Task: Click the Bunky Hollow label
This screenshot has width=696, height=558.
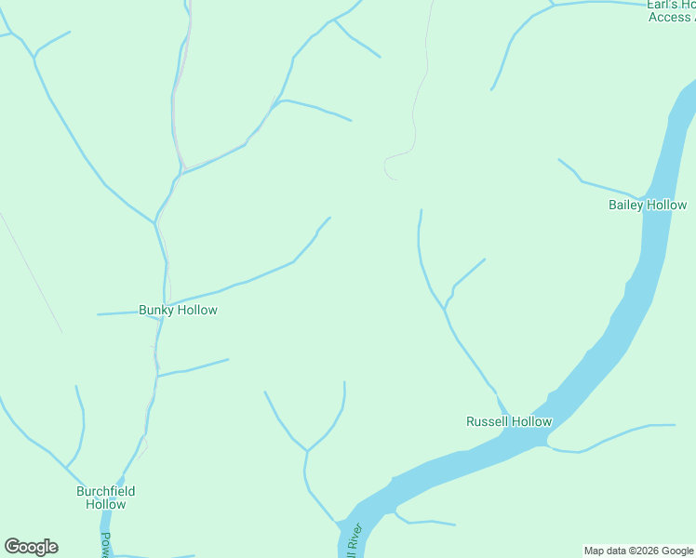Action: [178, 310]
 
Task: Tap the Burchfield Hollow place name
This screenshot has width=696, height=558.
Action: [105, 498]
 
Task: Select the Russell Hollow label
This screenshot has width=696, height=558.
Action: [508, 421]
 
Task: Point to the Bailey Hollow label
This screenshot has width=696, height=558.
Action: [648, 205]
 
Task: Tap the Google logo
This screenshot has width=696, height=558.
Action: [31, 547]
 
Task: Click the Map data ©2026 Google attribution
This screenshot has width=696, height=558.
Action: [639, 551]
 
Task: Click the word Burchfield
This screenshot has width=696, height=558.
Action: [105, 491]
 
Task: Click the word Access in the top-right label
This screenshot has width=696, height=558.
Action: [669, 17]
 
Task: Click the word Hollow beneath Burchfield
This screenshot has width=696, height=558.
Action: [105, 504]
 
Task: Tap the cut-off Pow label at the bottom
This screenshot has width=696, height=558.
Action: [105, 544]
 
